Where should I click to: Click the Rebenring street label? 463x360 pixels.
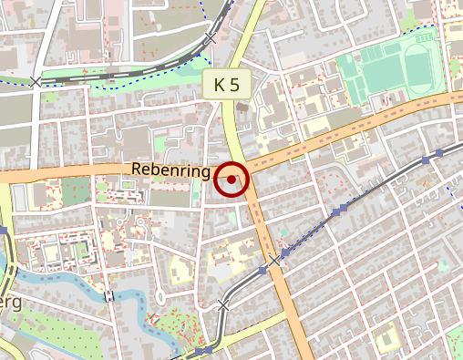[171, 170]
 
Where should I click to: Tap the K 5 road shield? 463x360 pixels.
[226, 85]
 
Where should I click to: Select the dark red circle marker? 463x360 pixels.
[232, 180]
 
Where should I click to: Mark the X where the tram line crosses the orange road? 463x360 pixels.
[274, 262]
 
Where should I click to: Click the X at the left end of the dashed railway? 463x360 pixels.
[36, 82]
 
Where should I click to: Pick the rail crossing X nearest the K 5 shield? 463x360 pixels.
[211, 39]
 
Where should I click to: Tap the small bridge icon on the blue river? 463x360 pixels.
[109, 295]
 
